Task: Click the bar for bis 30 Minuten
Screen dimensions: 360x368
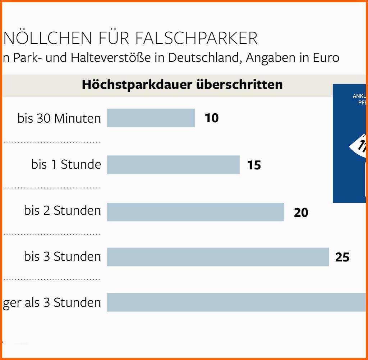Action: tap(151, 118)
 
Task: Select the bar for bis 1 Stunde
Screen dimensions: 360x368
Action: tap(173, 165)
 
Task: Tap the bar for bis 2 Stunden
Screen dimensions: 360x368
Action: tap(195, 212)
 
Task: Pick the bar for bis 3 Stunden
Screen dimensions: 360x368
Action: tap(217, 257)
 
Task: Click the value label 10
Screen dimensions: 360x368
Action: tap(212, 118)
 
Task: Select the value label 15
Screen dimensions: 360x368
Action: tap(254, 165)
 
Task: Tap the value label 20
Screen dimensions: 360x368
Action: tap(301, 213)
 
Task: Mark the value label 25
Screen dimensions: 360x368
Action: tap(342, 257)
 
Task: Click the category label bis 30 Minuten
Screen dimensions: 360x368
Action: tap(59, 118)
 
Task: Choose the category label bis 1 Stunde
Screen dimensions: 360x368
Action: tap(66, 164)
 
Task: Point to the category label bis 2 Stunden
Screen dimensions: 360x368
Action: tap(63, 210)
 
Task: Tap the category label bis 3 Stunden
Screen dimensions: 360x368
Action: tap(63, 256)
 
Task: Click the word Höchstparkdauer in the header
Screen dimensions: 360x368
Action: tap(136, 85)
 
